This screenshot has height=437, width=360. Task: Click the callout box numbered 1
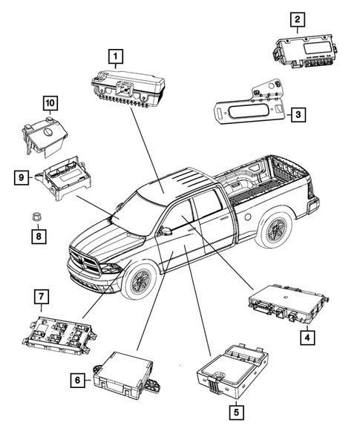point(115,55)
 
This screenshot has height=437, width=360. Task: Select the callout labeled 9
point(22,177)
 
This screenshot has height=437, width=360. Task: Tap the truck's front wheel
point(138,282)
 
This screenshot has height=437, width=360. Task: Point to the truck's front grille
point(86,266)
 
